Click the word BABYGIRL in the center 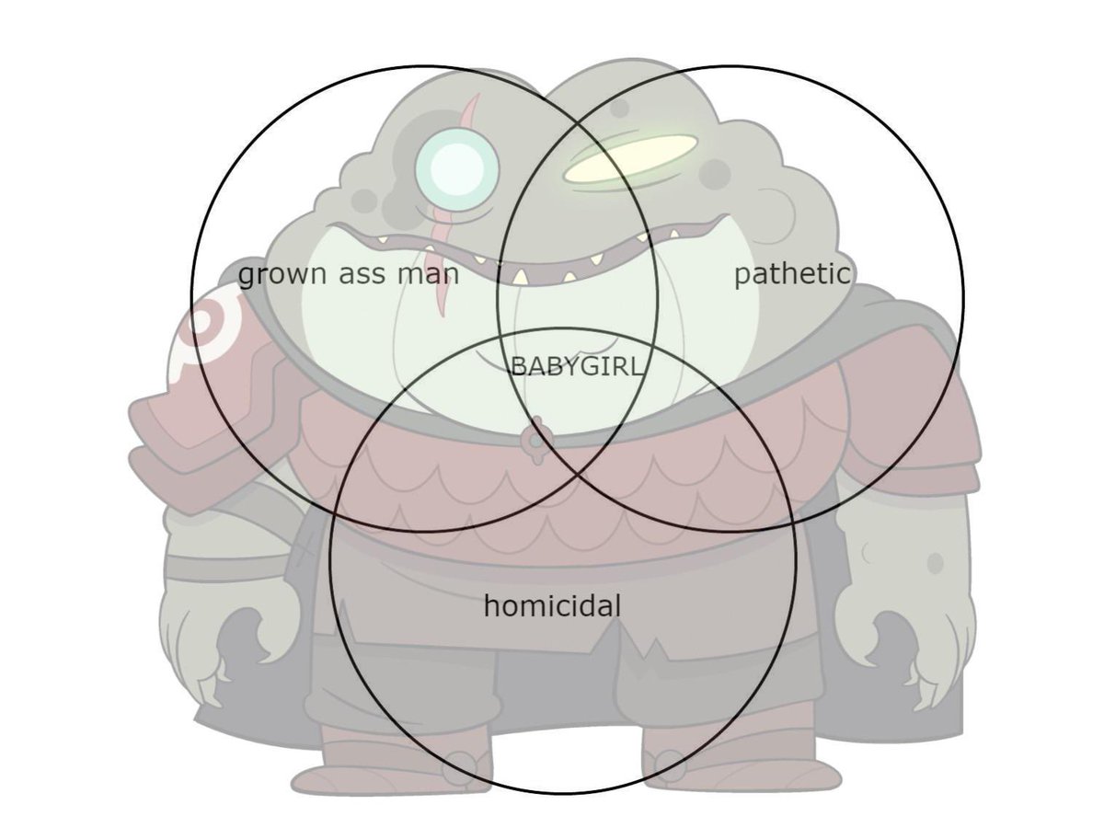pyautogui.click(x=577, y=366)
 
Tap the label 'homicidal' pyautogui.click(x=552, y=605)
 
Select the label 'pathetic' pyautogui.click(x=792, y=274)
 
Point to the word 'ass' pyautogui.click(x=362, y=275)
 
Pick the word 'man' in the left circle pyautogui.click(x=429, y=275)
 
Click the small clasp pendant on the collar pyautogui.click(x=536, y=441)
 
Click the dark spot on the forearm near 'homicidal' pyautogui.click(x=935, y=563)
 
